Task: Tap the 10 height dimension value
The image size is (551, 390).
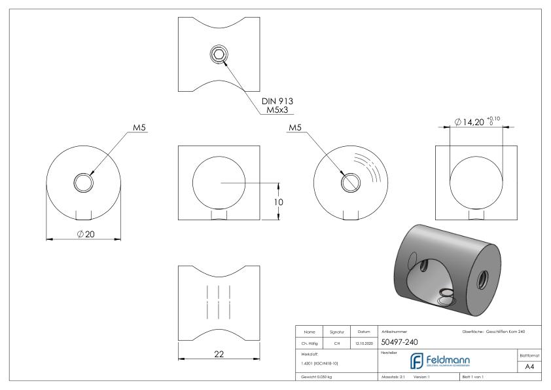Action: click(278, 203)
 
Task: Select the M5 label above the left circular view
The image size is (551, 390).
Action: click(139, 128)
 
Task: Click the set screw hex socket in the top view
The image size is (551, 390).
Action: click(219, 55)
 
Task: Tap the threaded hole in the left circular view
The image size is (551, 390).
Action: click(84, 183)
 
